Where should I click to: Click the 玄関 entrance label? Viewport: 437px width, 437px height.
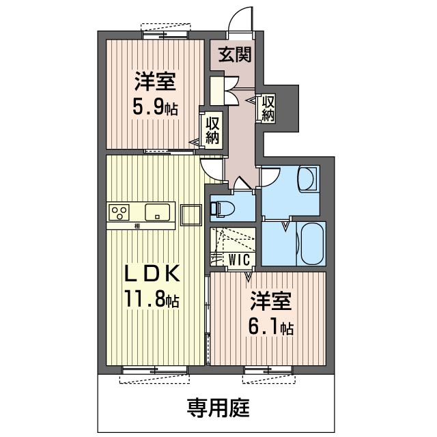[235, 55]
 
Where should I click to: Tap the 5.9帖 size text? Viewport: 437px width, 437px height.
[155, 108]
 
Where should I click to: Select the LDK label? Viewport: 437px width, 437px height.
[152, 274]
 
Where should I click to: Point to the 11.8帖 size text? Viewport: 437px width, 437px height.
[152, 299]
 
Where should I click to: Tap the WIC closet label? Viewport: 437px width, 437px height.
[239, 260]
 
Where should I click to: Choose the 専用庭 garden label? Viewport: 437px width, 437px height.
[218, 408]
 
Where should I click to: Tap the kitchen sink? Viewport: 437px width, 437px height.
[157, 212]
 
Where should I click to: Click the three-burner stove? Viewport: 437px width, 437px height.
[119, 212]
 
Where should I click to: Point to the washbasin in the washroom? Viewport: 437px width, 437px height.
[307, 178]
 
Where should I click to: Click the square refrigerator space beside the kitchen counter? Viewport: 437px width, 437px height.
[191, 215]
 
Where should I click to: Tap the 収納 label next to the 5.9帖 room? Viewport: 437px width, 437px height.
[212, 130]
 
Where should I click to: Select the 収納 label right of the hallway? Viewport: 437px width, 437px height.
[268, 108]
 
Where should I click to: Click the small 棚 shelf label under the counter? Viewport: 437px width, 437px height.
[137, 226]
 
